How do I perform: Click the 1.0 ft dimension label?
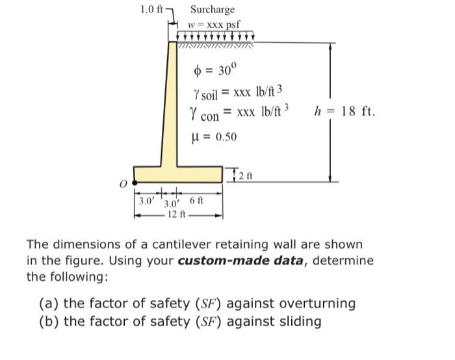152,10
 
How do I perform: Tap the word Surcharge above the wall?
212,10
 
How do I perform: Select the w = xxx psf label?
213,24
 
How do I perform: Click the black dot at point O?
135,182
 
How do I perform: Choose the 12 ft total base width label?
176,214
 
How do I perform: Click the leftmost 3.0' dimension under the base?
144,201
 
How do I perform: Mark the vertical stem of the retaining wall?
172,104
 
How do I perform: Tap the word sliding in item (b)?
301,321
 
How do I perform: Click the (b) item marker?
47,321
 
